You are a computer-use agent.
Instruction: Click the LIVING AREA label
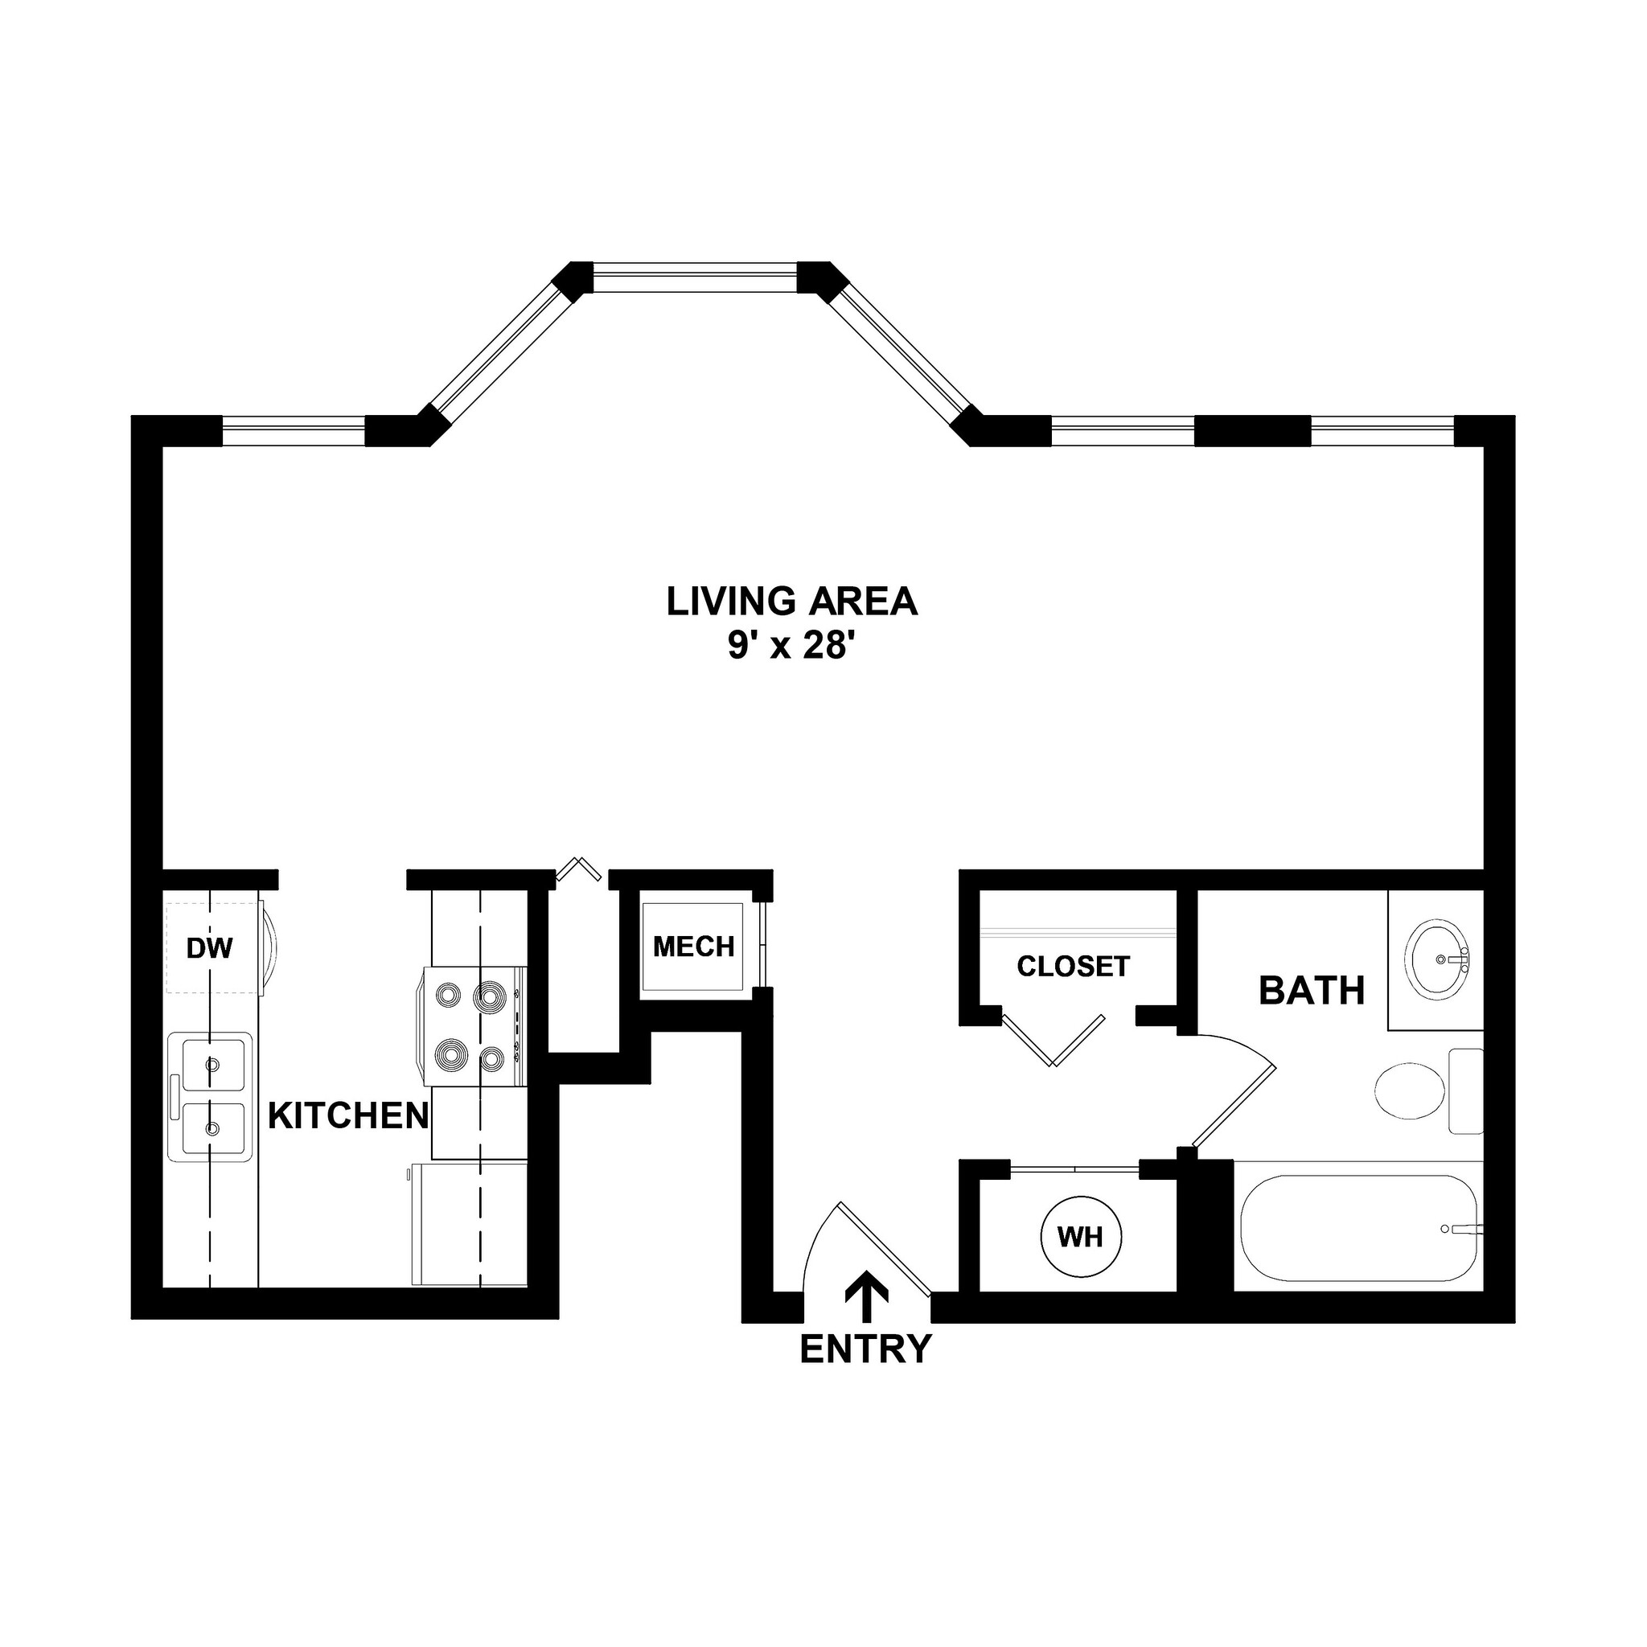[x=791, y=602]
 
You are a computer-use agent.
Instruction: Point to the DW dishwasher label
[x=210, y=947]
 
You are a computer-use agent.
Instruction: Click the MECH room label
[x=693, y=947]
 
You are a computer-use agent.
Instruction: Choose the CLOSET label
[x=1074, y=966]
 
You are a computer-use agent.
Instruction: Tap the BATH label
[x=1311, y=991]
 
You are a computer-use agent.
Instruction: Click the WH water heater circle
[x=1081, y=1237]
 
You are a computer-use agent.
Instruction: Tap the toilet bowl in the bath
[x=1410, y=1090]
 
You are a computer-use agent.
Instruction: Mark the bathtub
[x=1359, y=1229]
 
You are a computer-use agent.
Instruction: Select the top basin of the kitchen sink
[x=210, y=1063]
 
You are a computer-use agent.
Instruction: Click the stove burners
[x=470, y=1026]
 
